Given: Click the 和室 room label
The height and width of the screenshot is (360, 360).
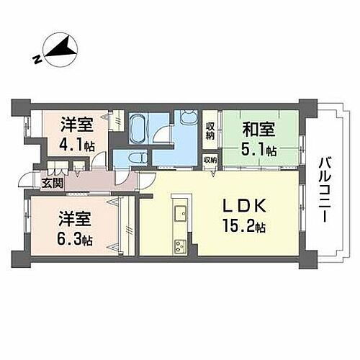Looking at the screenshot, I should (x=257, y=130).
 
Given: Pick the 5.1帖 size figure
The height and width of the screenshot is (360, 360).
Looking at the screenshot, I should (x=259, y=150).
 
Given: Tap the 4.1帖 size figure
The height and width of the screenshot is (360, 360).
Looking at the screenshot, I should (x=76, y=143).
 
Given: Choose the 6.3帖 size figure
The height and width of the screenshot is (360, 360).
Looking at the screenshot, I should (x=76, y=238).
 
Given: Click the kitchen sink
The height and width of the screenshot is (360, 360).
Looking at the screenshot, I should (x=180, y=212).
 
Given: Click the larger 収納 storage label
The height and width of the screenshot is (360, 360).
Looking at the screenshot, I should (x=210, y=130).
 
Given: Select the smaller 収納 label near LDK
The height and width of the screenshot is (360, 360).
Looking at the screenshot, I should (x=210, y=160).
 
